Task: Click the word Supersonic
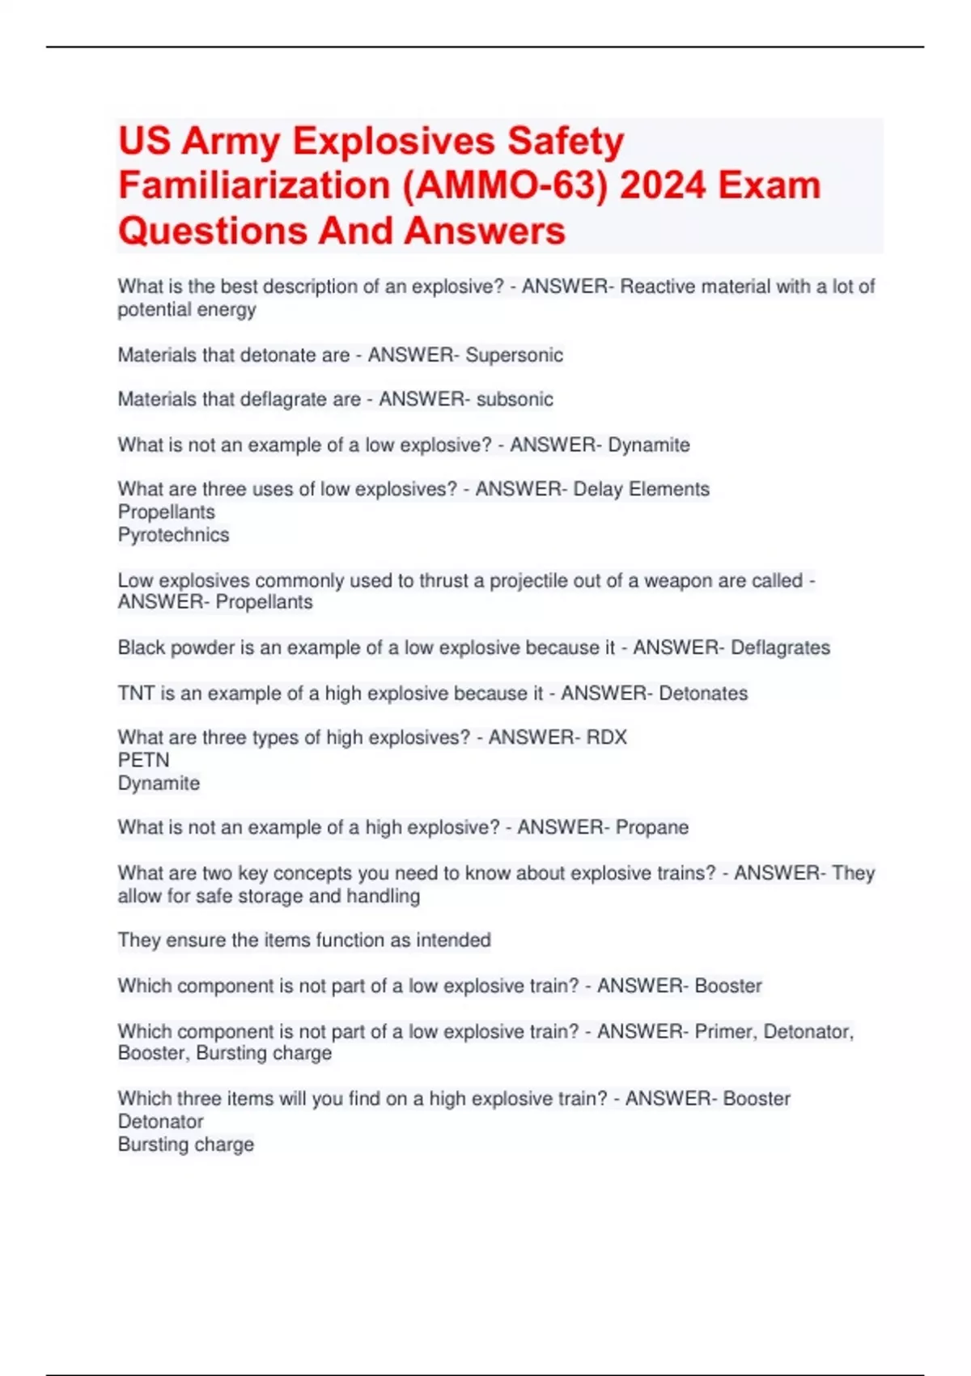pyautogui.click(x=514, y=355)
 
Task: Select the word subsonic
pyautogui.click(x=515, y=400)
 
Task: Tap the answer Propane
pyautogui.click(x=651, y=828)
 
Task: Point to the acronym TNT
pyautogui.click(x=136, y=694)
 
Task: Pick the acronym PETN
pyautogui.click(x=143, y=760)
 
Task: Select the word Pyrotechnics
pyautogui.click(x=173, y=535)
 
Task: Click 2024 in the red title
pyautogui.click(x=664, y=185)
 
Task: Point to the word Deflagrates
pyautogui.click(x=780, y=648)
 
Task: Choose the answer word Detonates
pyautogui.click(x=703, y=694)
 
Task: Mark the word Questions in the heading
pyautogui.click(x=212, y=231)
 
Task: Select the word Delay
pyautogui.click(x=597, y=490)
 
